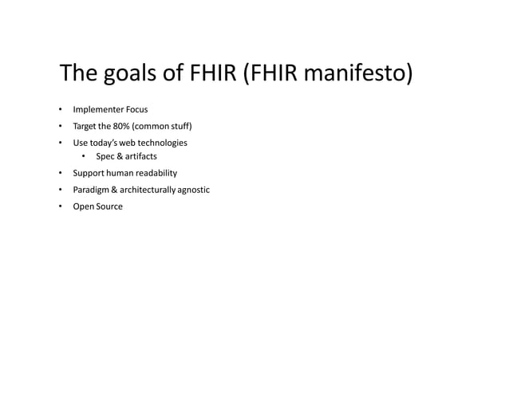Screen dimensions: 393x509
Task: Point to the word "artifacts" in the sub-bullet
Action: click(140, 157)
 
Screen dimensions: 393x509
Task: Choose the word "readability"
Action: click(156, 173)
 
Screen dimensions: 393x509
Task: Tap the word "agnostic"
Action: click(196, 190)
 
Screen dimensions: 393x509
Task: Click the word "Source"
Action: click(109, 206)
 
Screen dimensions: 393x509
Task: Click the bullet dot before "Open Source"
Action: click(61, 206)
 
